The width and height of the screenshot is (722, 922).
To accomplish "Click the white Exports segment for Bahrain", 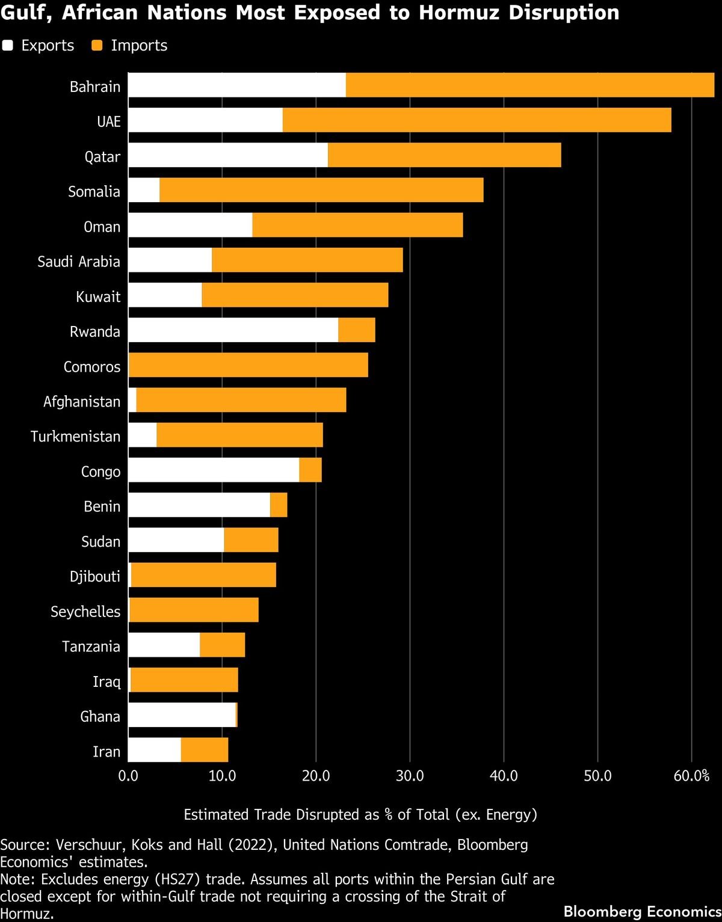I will [237, 85].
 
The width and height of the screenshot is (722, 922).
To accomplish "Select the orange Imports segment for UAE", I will [477, 120].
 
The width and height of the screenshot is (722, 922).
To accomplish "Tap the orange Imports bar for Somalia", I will [321, 190].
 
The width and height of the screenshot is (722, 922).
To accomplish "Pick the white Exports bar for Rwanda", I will [233, 330].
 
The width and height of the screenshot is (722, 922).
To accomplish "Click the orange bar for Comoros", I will [248, 365].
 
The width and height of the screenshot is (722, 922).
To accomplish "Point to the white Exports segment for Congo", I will [214, 470].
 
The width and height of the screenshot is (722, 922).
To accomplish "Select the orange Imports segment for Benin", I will [279, 505].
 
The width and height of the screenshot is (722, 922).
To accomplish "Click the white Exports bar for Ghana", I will [182, 715].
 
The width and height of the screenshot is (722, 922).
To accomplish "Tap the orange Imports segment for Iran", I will [205, 750].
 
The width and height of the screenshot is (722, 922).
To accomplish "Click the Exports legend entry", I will [39, 46].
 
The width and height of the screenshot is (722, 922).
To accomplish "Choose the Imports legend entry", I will [130, 46].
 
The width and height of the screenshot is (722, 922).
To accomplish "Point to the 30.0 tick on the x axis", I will [410, 776].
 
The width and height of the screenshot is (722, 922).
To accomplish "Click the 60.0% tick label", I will [691, 776].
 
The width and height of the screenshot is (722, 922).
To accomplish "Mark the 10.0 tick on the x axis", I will [222, 776].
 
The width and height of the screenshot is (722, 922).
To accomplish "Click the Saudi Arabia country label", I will [79, 262].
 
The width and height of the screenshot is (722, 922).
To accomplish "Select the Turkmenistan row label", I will [76, 437].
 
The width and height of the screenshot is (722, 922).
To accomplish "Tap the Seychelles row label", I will [85, 612].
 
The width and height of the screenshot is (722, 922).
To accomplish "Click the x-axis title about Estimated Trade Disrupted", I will [360, 814].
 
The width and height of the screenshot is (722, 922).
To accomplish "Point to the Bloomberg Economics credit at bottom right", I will [642, 911].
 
